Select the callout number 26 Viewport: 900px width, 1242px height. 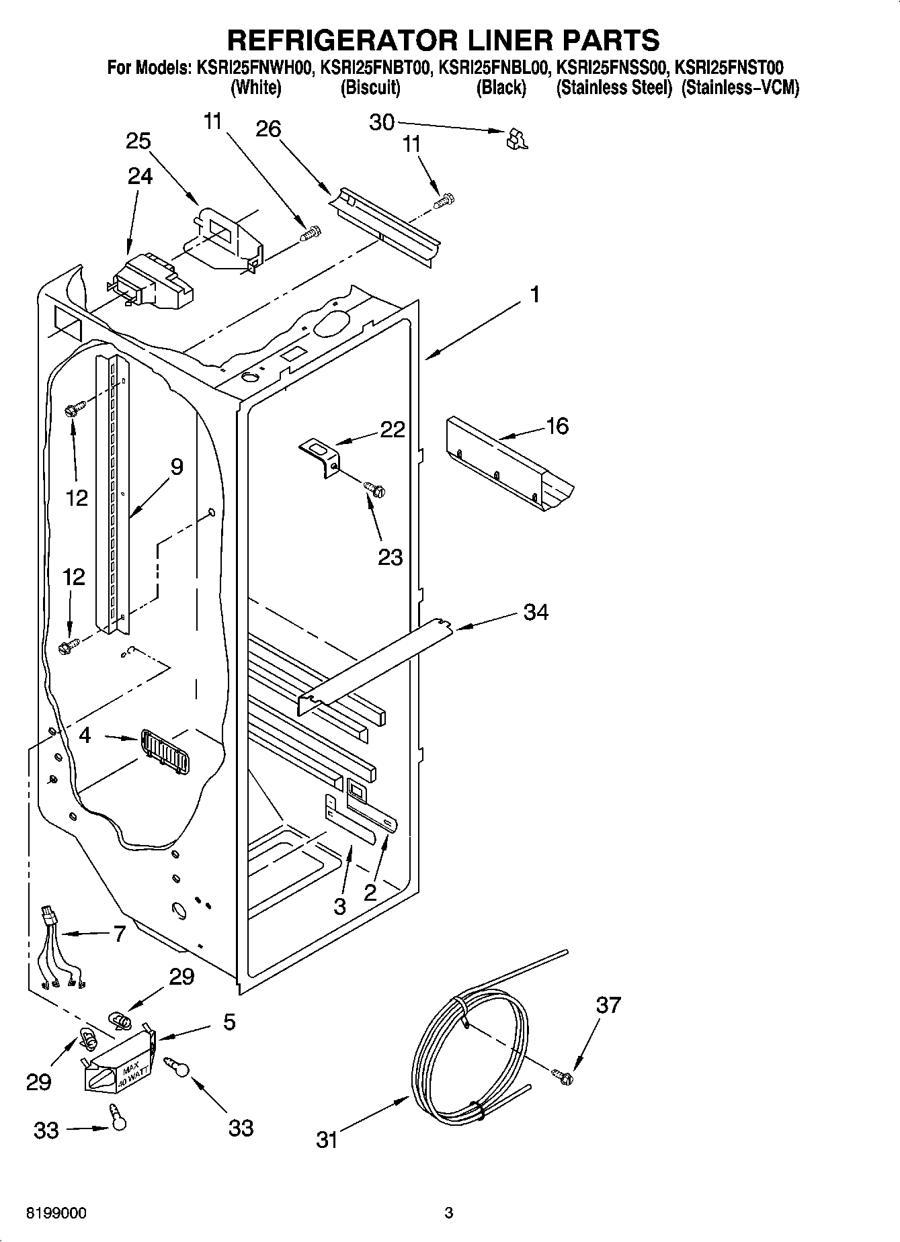coord(268,128)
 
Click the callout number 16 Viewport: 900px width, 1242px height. coord(558,426)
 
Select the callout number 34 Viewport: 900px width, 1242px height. coord(535,612)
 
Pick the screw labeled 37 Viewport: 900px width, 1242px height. coord(563,1077)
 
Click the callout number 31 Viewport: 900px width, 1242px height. coord(327,1139)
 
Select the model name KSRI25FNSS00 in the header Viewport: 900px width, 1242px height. coord(613,67)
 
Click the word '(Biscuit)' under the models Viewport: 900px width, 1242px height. coord(370,88)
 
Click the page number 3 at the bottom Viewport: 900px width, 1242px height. coord(449,1213)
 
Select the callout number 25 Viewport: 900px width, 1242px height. coord(138,142)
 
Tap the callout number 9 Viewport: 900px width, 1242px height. coord(176,467)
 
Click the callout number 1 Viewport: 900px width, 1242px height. coord(534,295)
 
